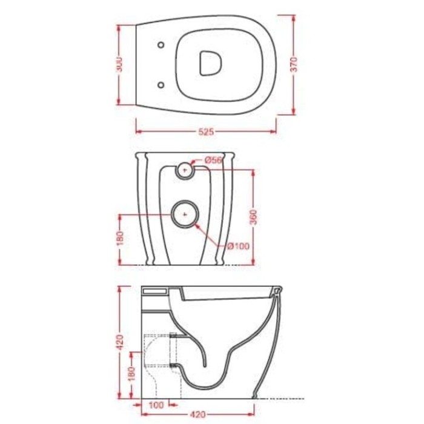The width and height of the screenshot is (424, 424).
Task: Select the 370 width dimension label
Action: [294, 65]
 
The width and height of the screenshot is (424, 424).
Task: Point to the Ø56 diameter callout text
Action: [214, 159]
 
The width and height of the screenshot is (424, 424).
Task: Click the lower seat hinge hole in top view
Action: [161, 85]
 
